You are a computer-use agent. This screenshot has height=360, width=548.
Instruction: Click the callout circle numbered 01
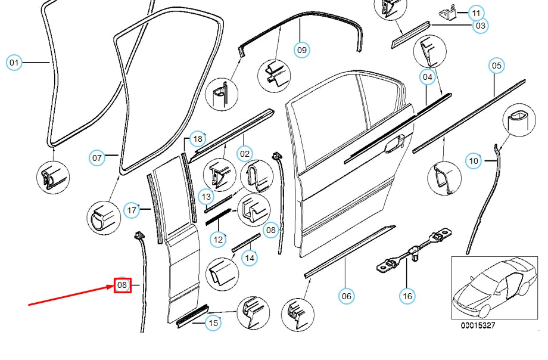pyautogui.click(x=14, y=62)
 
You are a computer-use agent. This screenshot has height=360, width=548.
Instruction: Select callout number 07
pyautogui.click(x=98, y=158)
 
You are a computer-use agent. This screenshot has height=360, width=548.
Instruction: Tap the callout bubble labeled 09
pyautogui.click(x=302, y=50)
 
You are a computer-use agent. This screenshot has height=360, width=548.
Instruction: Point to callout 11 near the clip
pyautogui.click(x=476, y=13)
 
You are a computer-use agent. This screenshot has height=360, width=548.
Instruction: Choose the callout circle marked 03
pyautogui.click(x=480, y=26)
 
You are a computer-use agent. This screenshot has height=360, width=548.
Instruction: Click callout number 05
pyautogui.click(x=497, y=66)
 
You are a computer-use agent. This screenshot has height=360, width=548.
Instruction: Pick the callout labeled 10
pyautogui.click(x=474, y=161)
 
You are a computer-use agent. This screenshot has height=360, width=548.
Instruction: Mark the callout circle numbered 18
pyautogui.click(x=198, y=139)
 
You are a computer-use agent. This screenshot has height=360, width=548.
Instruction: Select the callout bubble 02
pyautogui.click(x=245, y=154)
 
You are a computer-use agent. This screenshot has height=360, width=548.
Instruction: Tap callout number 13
pyautogui.click(x=206, y=196)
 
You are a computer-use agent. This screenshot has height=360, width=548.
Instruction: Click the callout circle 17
pyautogui.click(x=132, y=210)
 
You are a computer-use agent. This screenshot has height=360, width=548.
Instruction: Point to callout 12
pyautogui.click(x=219, y=240)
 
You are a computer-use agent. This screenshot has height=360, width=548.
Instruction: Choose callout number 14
pyautogui.click(x=250, y=257)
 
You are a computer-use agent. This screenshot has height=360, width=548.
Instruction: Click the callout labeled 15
pyautogui.click(x=213, y=323)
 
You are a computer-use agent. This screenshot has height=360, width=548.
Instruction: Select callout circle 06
pyautogui.click(x=346, y=295)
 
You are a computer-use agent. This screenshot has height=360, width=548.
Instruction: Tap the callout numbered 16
pyautogui.click(x=407, y=295)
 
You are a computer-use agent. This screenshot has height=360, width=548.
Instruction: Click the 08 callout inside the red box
pyautogui.click(x=122, y=285)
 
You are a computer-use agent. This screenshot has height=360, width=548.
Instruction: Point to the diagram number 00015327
pyautogui.click(x=478, y=326)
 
